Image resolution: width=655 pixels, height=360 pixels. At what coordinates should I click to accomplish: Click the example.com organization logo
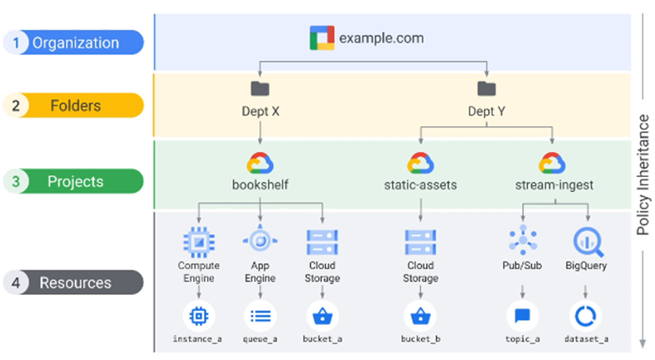[x=321, y=38]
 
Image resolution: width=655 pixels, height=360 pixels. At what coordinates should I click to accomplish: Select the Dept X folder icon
[x=261, y=88]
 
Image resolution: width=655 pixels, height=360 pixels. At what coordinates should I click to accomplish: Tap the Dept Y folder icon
[x=486, y=88]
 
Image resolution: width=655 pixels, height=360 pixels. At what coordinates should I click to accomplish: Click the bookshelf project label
[x=261, y=184]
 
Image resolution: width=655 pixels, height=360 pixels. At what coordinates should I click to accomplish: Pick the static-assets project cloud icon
[x=419, y=162]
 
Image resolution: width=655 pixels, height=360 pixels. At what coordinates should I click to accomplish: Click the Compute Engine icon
[x=200, y=241]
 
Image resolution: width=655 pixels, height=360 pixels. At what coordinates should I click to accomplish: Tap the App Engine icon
[x=261, y=241]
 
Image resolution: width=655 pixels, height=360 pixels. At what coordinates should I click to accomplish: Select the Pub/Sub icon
[x=522, y=241]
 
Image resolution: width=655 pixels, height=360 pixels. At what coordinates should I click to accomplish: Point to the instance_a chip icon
[x=200, y=316]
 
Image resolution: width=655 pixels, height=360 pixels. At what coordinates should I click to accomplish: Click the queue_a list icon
[x=261, y=316]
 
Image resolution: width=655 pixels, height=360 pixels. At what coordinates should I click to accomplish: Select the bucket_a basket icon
[x=322, y=316]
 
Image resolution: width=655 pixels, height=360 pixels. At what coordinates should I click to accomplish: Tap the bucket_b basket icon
[x=419, y=316]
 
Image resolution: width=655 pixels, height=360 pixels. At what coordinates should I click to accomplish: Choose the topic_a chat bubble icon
[x=522, y=316]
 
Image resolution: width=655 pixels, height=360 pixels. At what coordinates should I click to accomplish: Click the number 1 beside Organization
[x=17, y=43]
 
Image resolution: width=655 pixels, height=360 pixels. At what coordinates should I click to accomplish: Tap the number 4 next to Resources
[x=17, y=282]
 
